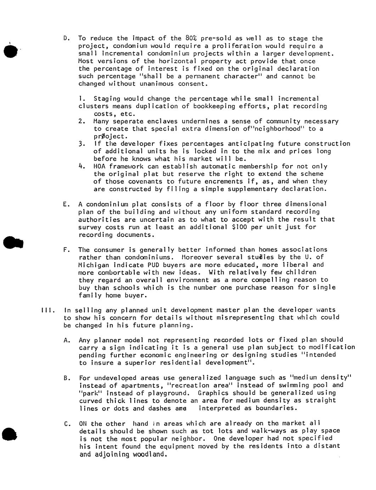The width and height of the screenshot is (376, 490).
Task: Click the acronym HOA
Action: (x=99, y=166)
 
